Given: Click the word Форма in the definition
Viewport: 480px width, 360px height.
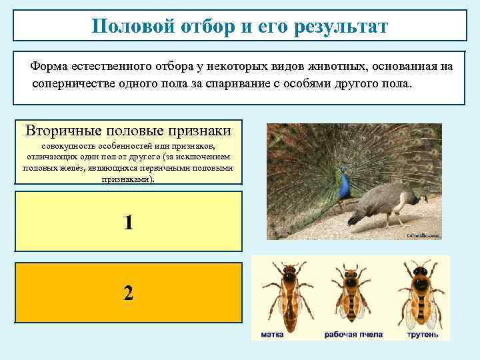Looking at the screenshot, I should [49, 67].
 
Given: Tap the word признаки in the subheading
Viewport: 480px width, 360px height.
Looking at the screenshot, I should [199, 129].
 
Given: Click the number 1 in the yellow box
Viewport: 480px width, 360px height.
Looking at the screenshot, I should [128, 222].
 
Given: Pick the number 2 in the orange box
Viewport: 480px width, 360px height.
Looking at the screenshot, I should [128, 293].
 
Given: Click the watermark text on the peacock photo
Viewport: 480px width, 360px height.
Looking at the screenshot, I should [424, 235].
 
